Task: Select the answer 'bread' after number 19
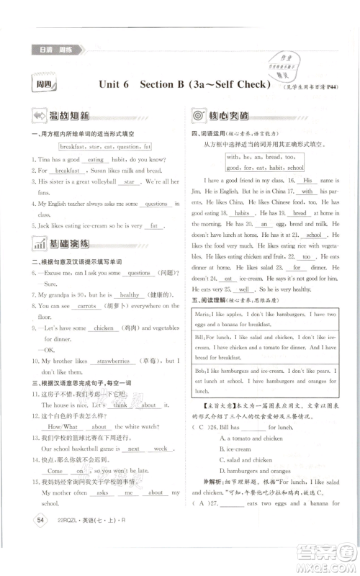[x=300, y=213]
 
